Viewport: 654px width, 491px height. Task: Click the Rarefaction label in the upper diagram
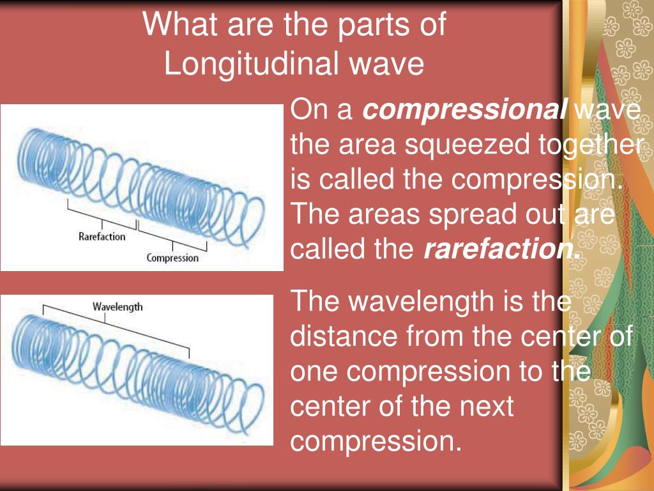tap(102, 236)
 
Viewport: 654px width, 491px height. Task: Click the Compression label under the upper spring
tap(172, 258)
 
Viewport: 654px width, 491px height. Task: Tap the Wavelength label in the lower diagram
tap(118, 306)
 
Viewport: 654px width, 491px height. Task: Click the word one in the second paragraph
tap(312, 371)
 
